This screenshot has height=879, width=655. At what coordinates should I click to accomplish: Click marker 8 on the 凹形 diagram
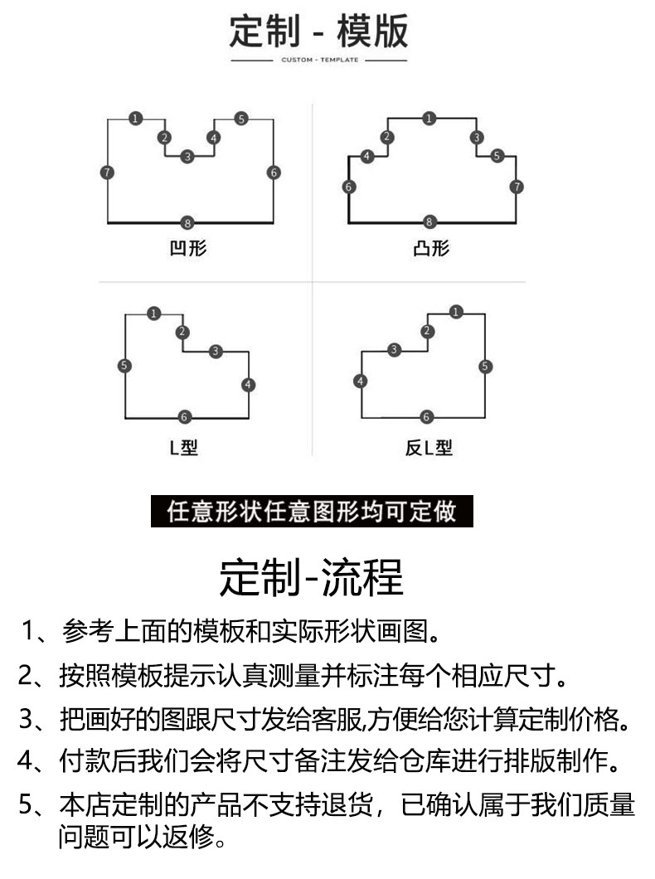[187, 222]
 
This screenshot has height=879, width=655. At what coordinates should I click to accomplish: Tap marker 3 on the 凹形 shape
[187, 157]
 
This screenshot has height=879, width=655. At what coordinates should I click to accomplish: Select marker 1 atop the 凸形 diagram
[429, 119]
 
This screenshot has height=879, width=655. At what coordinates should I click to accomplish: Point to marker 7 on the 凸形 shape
[517, 187]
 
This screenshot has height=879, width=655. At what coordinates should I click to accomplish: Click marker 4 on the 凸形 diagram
[367, 156]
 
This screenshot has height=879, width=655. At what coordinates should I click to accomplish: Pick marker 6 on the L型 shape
[184, 416]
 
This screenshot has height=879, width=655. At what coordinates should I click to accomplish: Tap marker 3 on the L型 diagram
[216, 352]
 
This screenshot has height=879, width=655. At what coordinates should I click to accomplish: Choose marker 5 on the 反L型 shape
[485, 366]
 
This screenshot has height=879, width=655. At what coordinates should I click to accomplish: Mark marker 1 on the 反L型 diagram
[456, 312]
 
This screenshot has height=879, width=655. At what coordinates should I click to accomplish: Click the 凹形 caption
[188, 248]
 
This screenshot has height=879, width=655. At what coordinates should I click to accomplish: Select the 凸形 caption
[431, 248]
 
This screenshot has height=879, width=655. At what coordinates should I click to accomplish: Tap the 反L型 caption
[429, 447]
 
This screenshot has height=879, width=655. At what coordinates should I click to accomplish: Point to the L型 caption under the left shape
[184, 447]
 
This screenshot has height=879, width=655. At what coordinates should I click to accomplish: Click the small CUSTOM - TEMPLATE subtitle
[319, 60]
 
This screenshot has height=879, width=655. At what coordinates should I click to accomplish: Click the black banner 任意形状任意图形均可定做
[312, 512]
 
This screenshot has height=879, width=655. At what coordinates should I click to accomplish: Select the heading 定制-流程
[311, 577]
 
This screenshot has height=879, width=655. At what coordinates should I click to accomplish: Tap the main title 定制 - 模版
[318, 32]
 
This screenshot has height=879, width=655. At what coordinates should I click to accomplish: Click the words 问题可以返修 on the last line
[137, 837]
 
